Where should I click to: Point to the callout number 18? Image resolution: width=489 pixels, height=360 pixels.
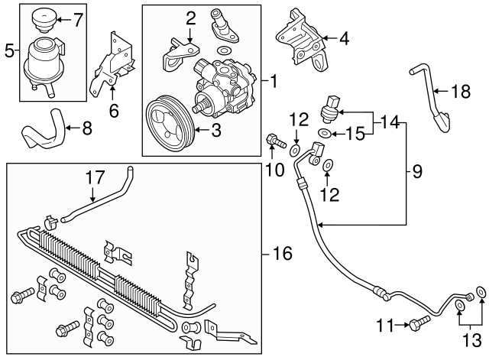coord(458,92)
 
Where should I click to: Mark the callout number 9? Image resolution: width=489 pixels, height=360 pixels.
coord(417,173)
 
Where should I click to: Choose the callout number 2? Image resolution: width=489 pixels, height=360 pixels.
coord(190,17)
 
